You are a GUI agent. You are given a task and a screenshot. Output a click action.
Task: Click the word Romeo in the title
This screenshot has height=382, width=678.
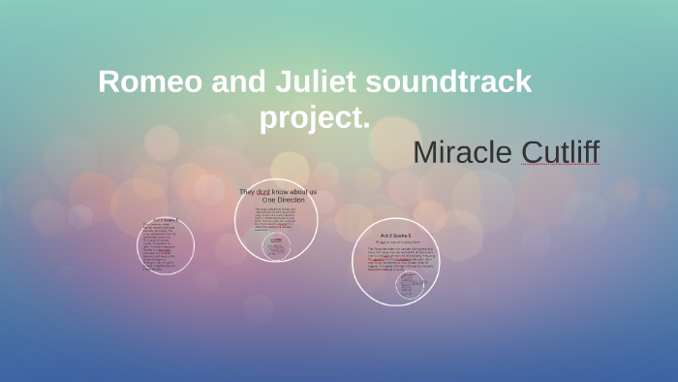coord(146,82)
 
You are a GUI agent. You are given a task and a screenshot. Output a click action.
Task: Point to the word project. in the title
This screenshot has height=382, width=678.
coord(315,119)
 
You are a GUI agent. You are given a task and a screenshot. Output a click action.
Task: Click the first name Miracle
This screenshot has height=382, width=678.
coord(463,152)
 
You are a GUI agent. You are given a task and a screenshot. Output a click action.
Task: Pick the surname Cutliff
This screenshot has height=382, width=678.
coord(560,152)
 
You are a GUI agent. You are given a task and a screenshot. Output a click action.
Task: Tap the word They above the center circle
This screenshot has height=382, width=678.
coord(247,192)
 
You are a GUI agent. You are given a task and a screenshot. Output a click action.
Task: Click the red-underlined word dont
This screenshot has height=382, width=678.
coord(262,192)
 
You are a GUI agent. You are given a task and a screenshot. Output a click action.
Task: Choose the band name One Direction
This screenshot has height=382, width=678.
coord(283,200)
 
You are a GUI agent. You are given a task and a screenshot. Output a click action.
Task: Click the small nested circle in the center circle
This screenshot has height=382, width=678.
coord(277,246)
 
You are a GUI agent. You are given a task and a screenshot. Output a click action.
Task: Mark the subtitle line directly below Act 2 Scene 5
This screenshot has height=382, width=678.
coord(395,242)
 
